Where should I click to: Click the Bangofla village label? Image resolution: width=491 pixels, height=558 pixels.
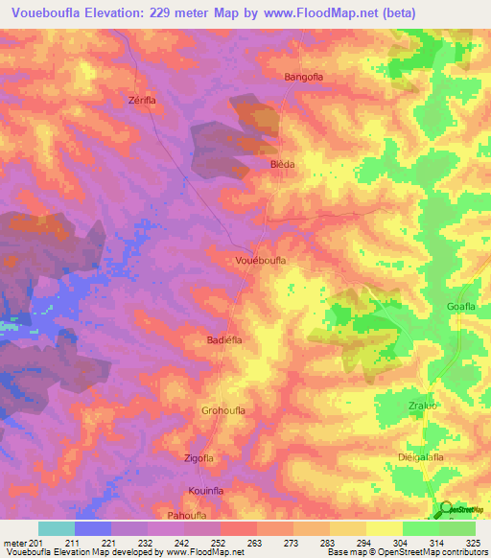tap(306, 76)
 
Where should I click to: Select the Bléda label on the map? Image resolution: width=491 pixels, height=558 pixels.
tap(282, 164)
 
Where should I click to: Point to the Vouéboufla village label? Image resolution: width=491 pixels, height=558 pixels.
tap(261, 260)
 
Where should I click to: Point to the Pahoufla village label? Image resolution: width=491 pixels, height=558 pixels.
tap(189, 516)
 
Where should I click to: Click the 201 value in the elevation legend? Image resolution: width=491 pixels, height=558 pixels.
tap(37, 542)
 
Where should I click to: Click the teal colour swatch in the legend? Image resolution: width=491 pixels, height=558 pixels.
tap(56, 528)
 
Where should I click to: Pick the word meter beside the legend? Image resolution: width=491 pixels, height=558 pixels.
tap(13, 542)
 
